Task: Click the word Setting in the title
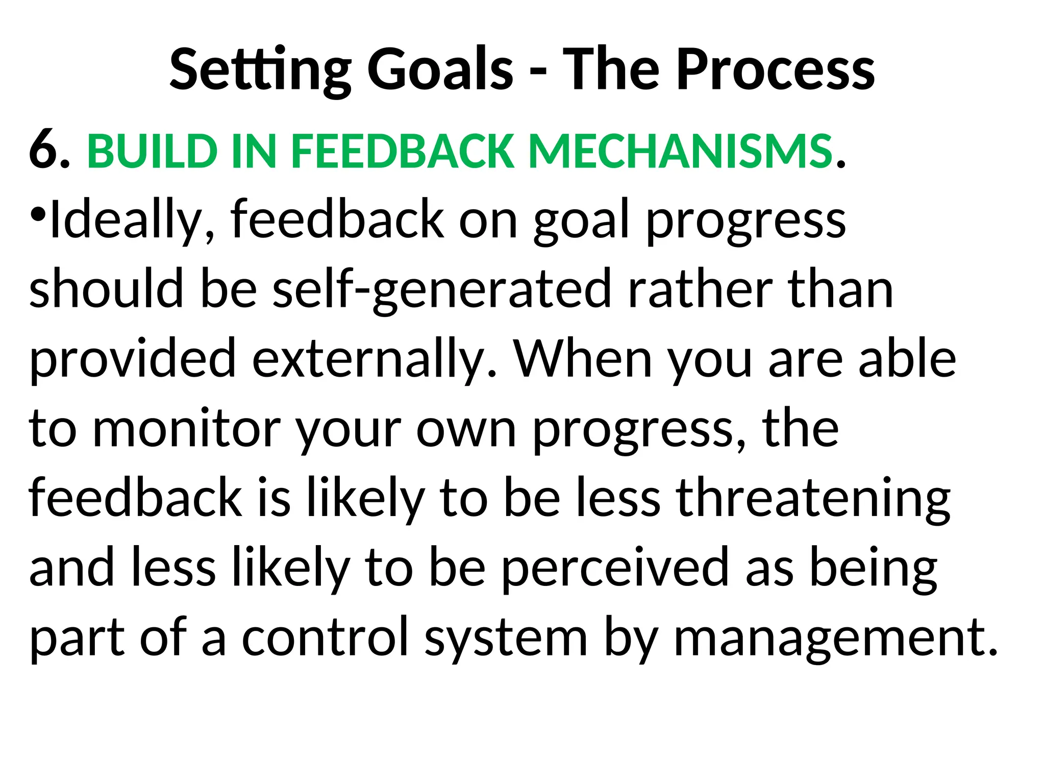click(260, 70)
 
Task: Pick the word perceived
click(615, 568)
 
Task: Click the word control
click(325, 636)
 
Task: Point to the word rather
click(700, 289)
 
